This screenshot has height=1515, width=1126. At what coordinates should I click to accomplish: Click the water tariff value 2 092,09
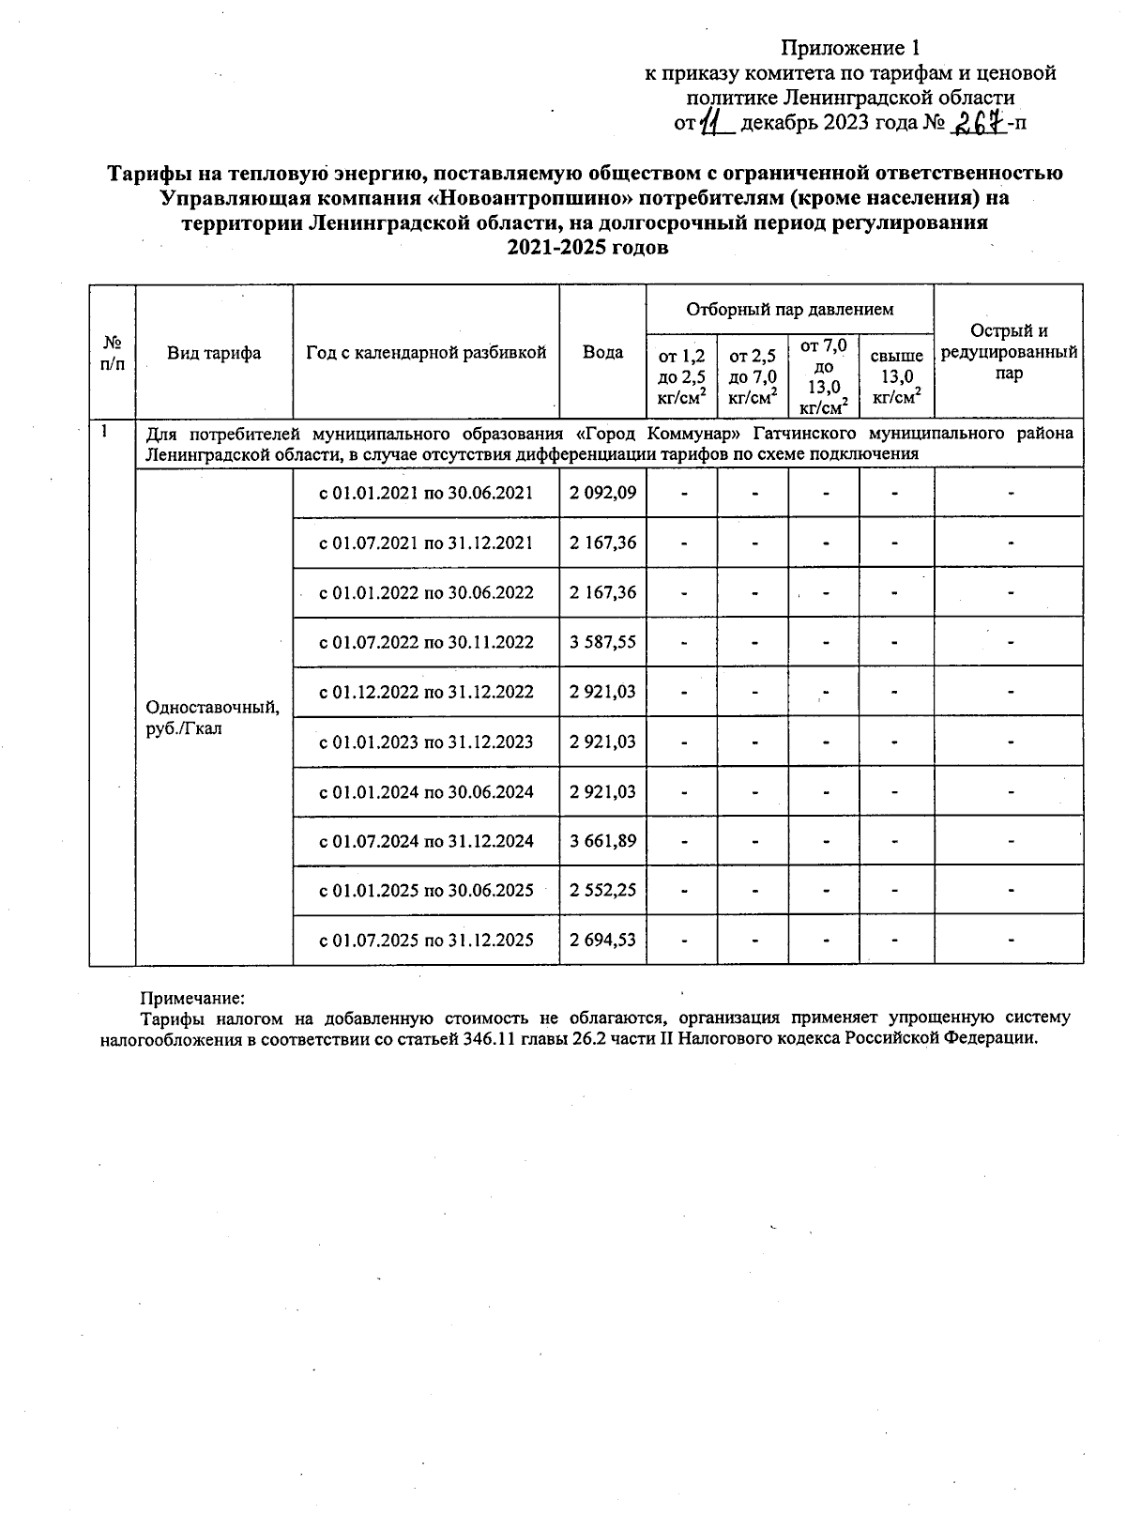click(602, 493)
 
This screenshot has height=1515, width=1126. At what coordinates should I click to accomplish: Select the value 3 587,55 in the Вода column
click(602, 642)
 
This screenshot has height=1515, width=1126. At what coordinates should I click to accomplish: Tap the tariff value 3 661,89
click(602, 841)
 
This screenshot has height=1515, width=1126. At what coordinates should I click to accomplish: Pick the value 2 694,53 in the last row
click(602, 940)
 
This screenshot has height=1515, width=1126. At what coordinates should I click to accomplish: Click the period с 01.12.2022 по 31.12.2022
click(426, 692)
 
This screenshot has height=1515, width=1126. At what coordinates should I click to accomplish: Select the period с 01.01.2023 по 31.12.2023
click(426, 742)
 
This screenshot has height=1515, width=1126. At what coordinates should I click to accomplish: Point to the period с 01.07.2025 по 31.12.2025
click(426, 940)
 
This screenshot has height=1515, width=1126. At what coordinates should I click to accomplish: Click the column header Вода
click(602, 352)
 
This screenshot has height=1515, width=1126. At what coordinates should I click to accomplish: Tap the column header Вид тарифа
click(214, 353)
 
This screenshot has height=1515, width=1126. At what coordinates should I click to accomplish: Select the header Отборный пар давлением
click(789, 309)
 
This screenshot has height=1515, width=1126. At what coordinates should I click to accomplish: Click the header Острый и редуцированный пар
click(1009, 352)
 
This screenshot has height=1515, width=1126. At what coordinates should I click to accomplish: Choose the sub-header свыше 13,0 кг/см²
click(896, 376)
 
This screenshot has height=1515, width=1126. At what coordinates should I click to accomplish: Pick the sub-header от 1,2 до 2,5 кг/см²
click(681, 376)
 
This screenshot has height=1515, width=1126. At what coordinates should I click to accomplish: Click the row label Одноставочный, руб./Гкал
click(212, 717)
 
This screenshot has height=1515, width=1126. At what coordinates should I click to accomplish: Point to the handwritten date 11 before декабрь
click(717, 123)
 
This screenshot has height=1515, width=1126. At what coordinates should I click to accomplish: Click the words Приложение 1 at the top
click(850, 48)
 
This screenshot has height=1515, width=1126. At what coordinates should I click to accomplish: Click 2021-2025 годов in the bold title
click(587, 248)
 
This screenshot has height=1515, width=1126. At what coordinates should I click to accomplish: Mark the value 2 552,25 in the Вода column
click(602, 890)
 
